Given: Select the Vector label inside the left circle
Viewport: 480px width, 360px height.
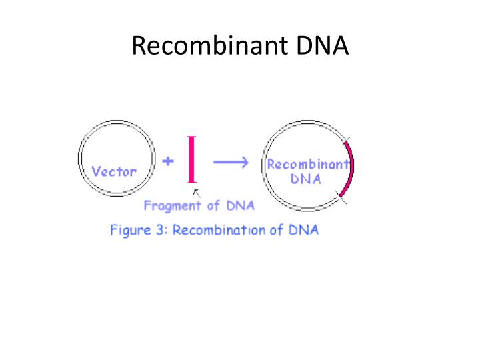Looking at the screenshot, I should point(114,171).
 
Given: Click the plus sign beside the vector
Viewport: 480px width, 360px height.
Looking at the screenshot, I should point(168,161).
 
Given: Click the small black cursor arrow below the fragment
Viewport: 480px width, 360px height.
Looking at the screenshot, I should point(195,194).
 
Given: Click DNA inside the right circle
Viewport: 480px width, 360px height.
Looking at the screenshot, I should point(306,179).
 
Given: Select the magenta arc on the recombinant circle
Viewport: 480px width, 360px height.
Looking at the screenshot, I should point(349,169).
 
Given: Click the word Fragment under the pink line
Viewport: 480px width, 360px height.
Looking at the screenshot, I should point(173,206).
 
